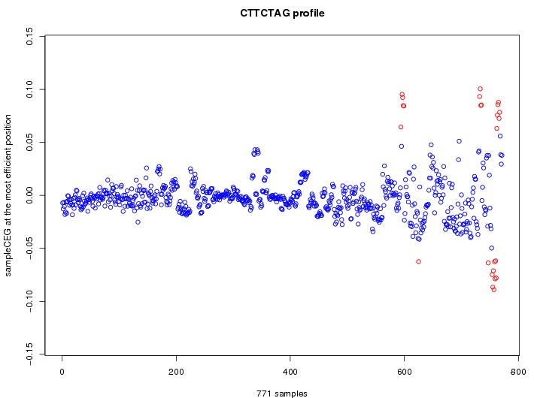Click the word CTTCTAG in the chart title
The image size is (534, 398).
pyautogui.click(x=262, y=13)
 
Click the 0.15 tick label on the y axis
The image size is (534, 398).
pyautogui.click(x=29, y=36)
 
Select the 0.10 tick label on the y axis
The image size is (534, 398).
pyautogui.click(x=29, y=89)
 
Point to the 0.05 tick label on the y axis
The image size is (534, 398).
pyautogui.click(x=29, y=143)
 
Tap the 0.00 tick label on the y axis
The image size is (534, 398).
pyautogui.click(x=29, y=195)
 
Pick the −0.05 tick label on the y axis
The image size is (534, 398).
pyautogui.click(x=29, y=247)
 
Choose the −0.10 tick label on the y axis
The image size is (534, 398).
pyautogui.click(x=29, y=300)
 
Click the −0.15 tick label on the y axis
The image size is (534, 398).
pyautogui.click(x=29, y=354)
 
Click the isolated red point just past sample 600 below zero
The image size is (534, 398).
pyautogui.click(x=418, y=261)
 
